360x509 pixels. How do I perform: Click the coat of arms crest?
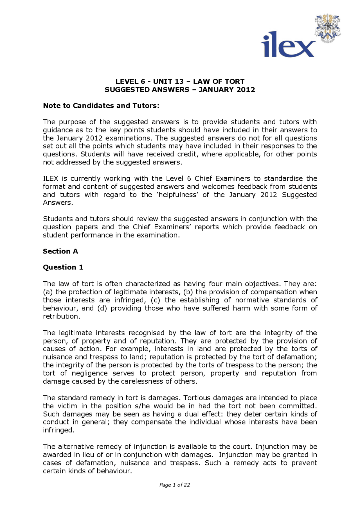click(327, 28)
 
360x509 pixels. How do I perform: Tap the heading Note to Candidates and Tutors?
click(101, 106)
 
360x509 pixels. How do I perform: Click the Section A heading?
click(60, 251)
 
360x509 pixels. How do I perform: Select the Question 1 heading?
click(63, 267)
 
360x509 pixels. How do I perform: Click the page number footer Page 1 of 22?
click(174, 485)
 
